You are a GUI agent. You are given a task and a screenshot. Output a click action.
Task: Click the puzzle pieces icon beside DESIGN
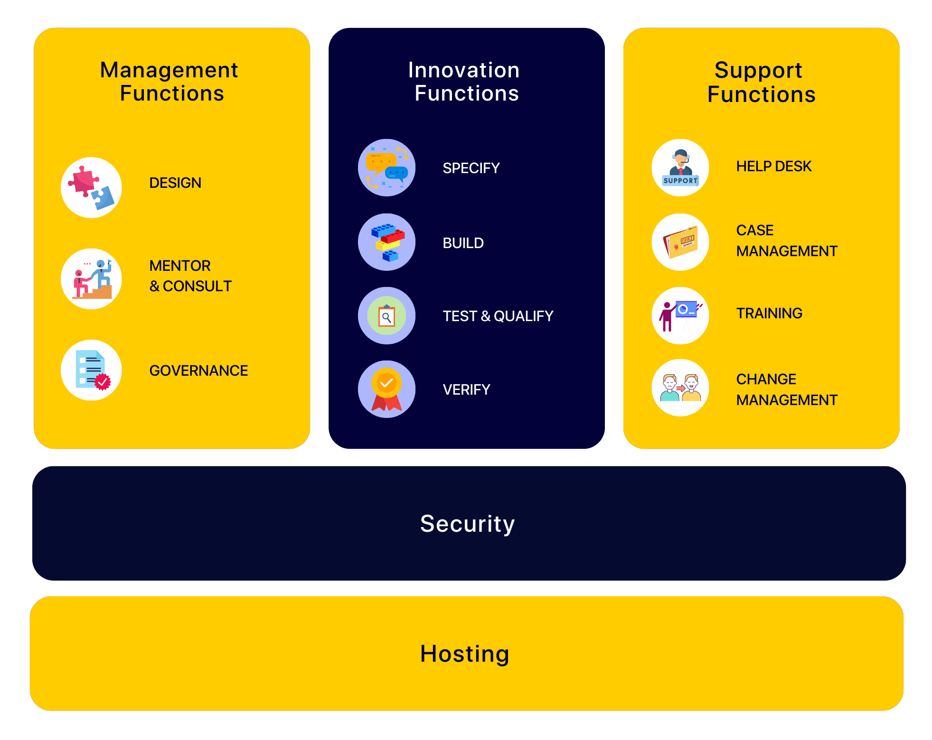tap(91, 188)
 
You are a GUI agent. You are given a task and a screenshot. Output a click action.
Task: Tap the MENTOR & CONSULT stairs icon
tap(91, 279)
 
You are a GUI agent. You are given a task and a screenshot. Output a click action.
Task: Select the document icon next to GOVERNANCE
tap(91, 370)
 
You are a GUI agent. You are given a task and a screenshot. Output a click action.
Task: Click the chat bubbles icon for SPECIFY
tap(386, 167)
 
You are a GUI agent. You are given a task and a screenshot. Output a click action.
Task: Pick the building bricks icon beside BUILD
tap(386, 242)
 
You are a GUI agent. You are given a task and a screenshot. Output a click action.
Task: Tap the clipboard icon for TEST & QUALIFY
tap(386, 316)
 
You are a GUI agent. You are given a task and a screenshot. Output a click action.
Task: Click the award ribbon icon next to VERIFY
tap(386, 389)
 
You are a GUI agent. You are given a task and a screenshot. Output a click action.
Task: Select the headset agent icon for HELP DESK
tap(680, 167)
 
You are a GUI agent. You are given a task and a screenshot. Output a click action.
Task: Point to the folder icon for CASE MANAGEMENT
tap(680, 242)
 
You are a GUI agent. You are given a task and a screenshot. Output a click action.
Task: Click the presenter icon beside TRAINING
tap(680, 315)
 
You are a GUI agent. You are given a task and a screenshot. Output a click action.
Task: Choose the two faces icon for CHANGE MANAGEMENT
tap(680, 388)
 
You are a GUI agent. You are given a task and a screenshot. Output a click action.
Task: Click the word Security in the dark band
tap(467, 524)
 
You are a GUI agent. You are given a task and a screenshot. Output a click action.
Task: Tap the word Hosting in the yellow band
tap(465, 654)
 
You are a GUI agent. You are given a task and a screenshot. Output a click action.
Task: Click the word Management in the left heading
tap(169, 70)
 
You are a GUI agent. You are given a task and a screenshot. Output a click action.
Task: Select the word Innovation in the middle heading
tap(464, 70)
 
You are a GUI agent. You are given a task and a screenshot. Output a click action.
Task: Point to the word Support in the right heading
tap(758, 70)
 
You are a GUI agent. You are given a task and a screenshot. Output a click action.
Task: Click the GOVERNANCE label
tap(198, 370)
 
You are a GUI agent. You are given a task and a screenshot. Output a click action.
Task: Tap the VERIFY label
tap(466, 389)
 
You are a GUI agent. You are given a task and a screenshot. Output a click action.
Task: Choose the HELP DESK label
tap(773, 166)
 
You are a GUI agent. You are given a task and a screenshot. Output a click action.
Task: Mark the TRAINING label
tap(769, 313)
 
